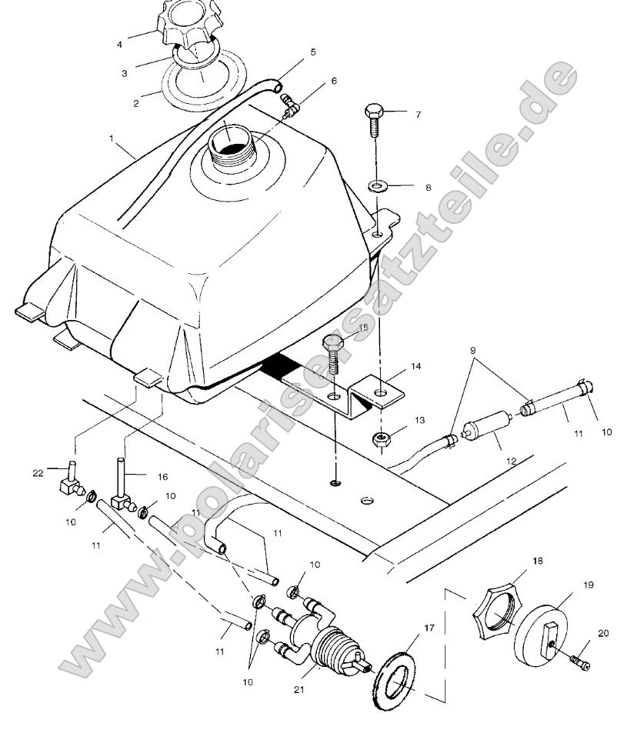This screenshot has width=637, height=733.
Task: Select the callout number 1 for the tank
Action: (x=112, y=138)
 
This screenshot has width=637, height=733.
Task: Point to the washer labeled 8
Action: (x=376, y=185)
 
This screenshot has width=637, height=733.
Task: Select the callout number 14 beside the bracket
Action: (x=415, y=367)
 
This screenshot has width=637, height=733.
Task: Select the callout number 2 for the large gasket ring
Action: (x=136, y=102)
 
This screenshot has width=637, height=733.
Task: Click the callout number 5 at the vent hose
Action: (x=313, y=52)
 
